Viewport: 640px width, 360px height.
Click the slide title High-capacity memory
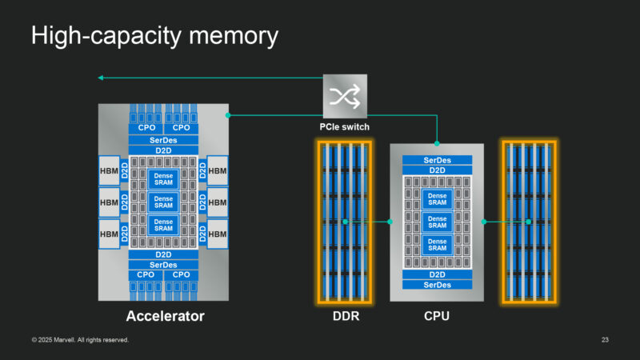[x=154, y=36]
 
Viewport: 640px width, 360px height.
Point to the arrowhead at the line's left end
[x=101, y=78]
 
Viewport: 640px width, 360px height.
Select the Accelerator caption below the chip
[x=165, y=317]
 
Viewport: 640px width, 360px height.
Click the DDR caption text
[x=345, y=317]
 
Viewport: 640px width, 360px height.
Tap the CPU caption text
[x=437, y=317]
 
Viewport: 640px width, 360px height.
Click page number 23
[x=605, y=341]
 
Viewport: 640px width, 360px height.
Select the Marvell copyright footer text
[x=80, y=341]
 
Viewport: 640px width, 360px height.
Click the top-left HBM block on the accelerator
[x=109, y=170]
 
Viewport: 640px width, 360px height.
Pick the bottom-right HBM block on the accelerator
[x=218, y=233]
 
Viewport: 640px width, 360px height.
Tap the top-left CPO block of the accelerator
[x=146, y=128]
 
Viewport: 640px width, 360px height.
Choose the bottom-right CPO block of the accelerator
[x=182, y=274]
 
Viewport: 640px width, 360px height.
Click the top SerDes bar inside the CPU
[x=437, y=160]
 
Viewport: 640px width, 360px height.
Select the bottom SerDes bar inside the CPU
[x=437, y=285]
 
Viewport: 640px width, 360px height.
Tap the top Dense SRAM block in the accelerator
[x=163, y=178]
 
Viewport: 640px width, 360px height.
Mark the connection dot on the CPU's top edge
[x=437, y=144]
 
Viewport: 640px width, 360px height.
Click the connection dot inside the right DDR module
[x=528, y=222]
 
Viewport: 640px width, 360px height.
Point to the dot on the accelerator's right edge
[x=228, y=115]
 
